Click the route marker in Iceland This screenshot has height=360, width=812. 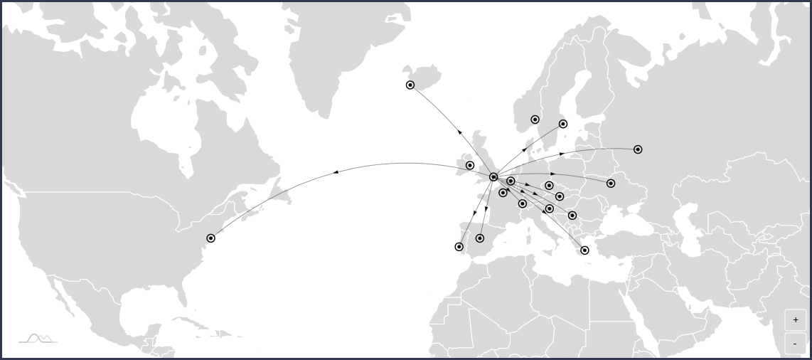click(410, 85)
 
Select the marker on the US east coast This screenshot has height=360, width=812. click(210, 238)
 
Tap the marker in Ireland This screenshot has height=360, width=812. click(470, 166)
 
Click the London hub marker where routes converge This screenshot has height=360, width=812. click(493, 177)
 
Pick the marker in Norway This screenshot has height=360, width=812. click(535, 120)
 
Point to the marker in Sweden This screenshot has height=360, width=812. click(563, 124)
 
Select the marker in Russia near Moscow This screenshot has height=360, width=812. click(638, 149)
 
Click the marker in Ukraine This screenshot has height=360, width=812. click(611, 184)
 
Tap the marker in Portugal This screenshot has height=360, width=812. click(459, 247)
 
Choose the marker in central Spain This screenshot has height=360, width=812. click(480, 238)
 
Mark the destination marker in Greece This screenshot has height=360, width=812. click(584, 250)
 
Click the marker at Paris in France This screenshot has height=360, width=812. click(503, 193)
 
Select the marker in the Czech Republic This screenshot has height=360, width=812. click(549, 186)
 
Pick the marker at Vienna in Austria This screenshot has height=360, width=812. click(560, 196)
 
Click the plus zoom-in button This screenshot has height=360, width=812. click(795, 320)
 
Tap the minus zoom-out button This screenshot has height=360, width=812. click(795, 344)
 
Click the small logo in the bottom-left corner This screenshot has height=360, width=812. click(38, 339)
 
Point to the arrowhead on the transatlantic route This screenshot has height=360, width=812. click(336, 172)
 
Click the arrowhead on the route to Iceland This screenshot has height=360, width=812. click(460, 132)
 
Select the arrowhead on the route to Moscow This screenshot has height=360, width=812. click(562, 154)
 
